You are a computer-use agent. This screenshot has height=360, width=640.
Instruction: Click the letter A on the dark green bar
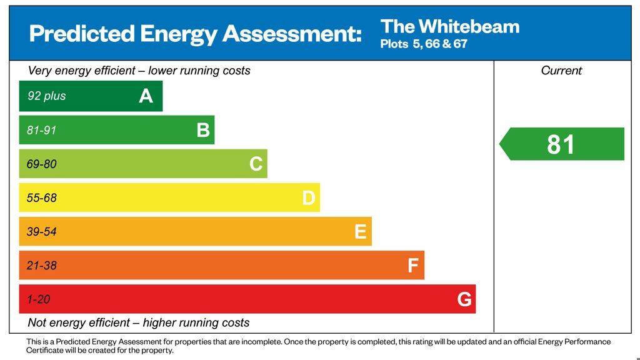[x=146, y=96]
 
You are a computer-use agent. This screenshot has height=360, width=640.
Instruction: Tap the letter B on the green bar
[x=203, y=130]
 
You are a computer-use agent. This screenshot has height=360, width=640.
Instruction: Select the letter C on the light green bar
[x=256, y=164]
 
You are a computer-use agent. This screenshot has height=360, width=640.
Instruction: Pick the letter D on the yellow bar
[x=309, y=198]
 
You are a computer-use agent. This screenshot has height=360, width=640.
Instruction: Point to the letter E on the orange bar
[x=361, y=232]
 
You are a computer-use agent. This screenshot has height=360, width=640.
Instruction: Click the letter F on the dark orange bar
[x=413, y=266]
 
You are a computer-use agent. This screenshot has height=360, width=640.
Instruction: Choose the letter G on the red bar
[x=464, y=299]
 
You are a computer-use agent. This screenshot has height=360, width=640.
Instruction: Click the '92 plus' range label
[x=46, y=96]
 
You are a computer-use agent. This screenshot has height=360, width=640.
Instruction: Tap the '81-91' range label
[x=42, y=130]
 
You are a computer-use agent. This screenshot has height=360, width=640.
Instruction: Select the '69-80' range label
[x=41, y=164]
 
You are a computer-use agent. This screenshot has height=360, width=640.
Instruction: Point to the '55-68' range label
[x=41, y=198]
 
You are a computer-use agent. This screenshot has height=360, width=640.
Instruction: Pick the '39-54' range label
[x=41, y=232]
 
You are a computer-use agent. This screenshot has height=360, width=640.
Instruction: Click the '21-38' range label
[x=41, y=266]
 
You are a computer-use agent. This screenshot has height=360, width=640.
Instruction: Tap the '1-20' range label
[x=38, y=299]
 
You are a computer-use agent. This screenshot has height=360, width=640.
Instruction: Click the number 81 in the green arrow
[x=561, y=144]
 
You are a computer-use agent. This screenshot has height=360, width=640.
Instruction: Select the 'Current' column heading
[x=561, y=71]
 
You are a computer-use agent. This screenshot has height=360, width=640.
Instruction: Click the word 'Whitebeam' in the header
[x=469, y=26]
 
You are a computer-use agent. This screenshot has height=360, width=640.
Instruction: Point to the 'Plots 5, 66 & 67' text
[x=424, y=44]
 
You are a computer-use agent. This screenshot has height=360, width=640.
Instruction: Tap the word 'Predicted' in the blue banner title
[x=81, y=33]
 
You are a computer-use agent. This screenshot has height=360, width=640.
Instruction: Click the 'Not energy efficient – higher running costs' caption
[x=139, y=323]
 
